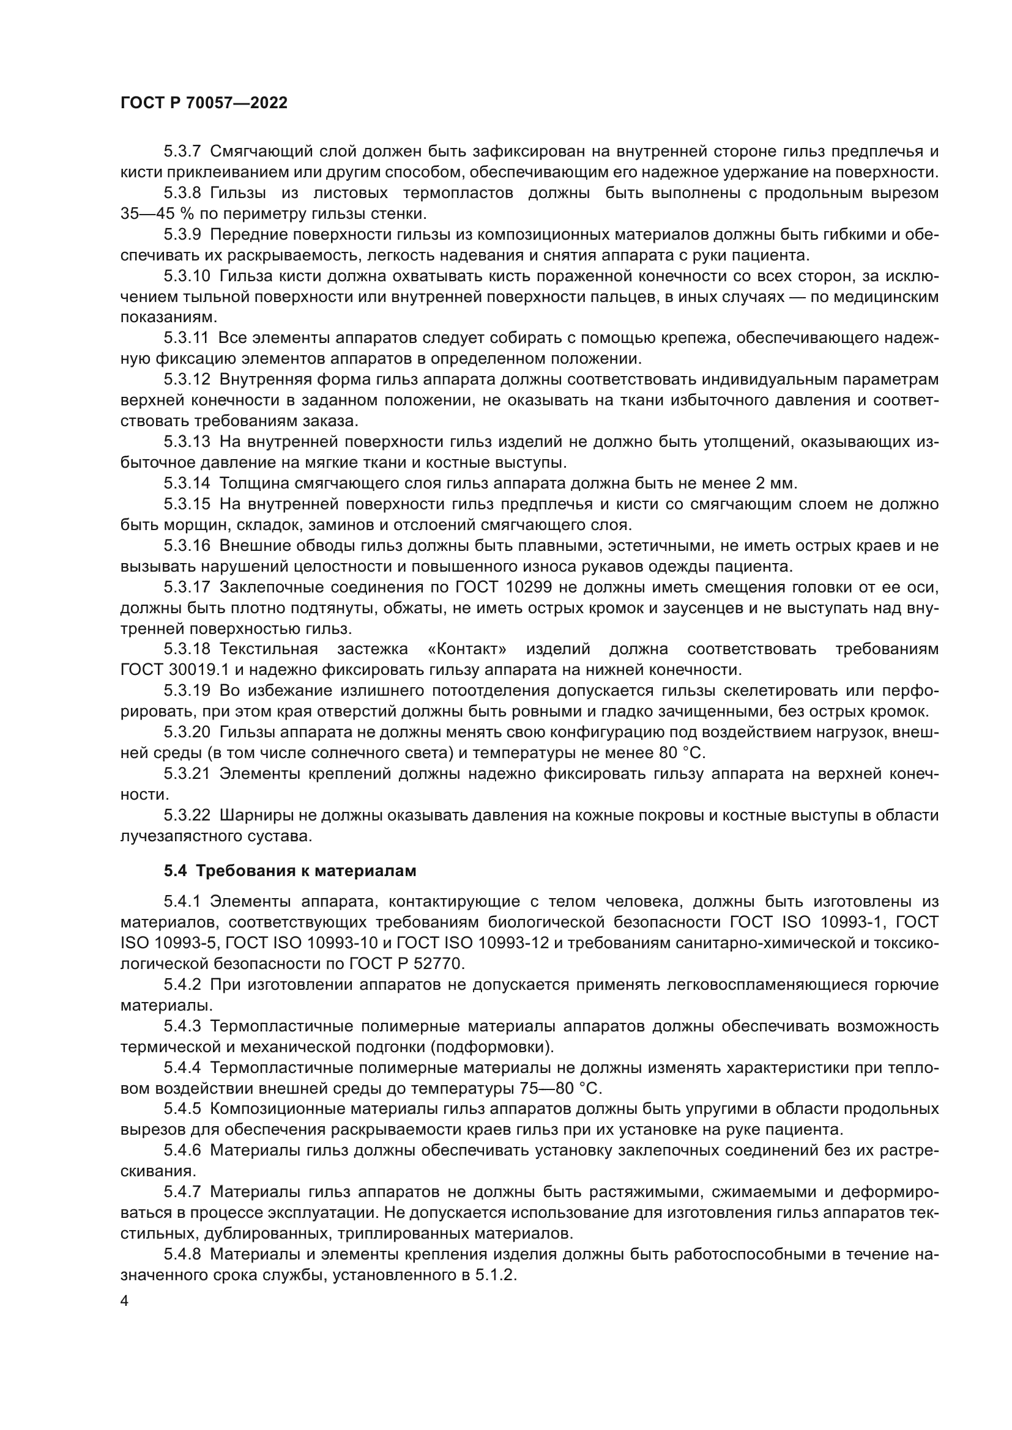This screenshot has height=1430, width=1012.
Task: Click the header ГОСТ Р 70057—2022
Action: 204,103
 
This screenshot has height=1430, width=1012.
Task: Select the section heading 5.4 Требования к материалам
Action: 290,871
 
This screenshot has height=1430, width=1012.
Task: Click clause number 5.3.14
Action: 187,484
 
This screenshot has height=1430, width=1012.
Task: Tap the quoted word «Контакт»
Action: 467,650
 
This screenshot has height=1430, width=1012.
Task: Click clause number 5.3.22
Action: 187,816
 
